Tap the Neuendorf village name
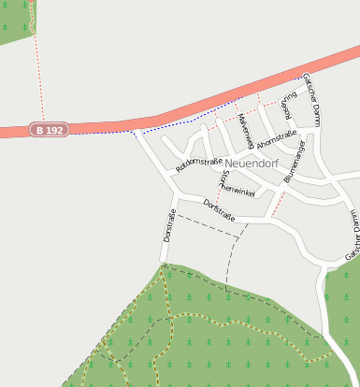252,163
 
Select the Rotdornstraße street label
198,165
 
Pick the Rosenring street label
288,107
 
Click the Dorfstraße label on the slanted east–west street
219,210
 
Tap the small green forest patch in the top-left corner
15,21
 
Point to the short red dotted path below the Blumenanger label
277,207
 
